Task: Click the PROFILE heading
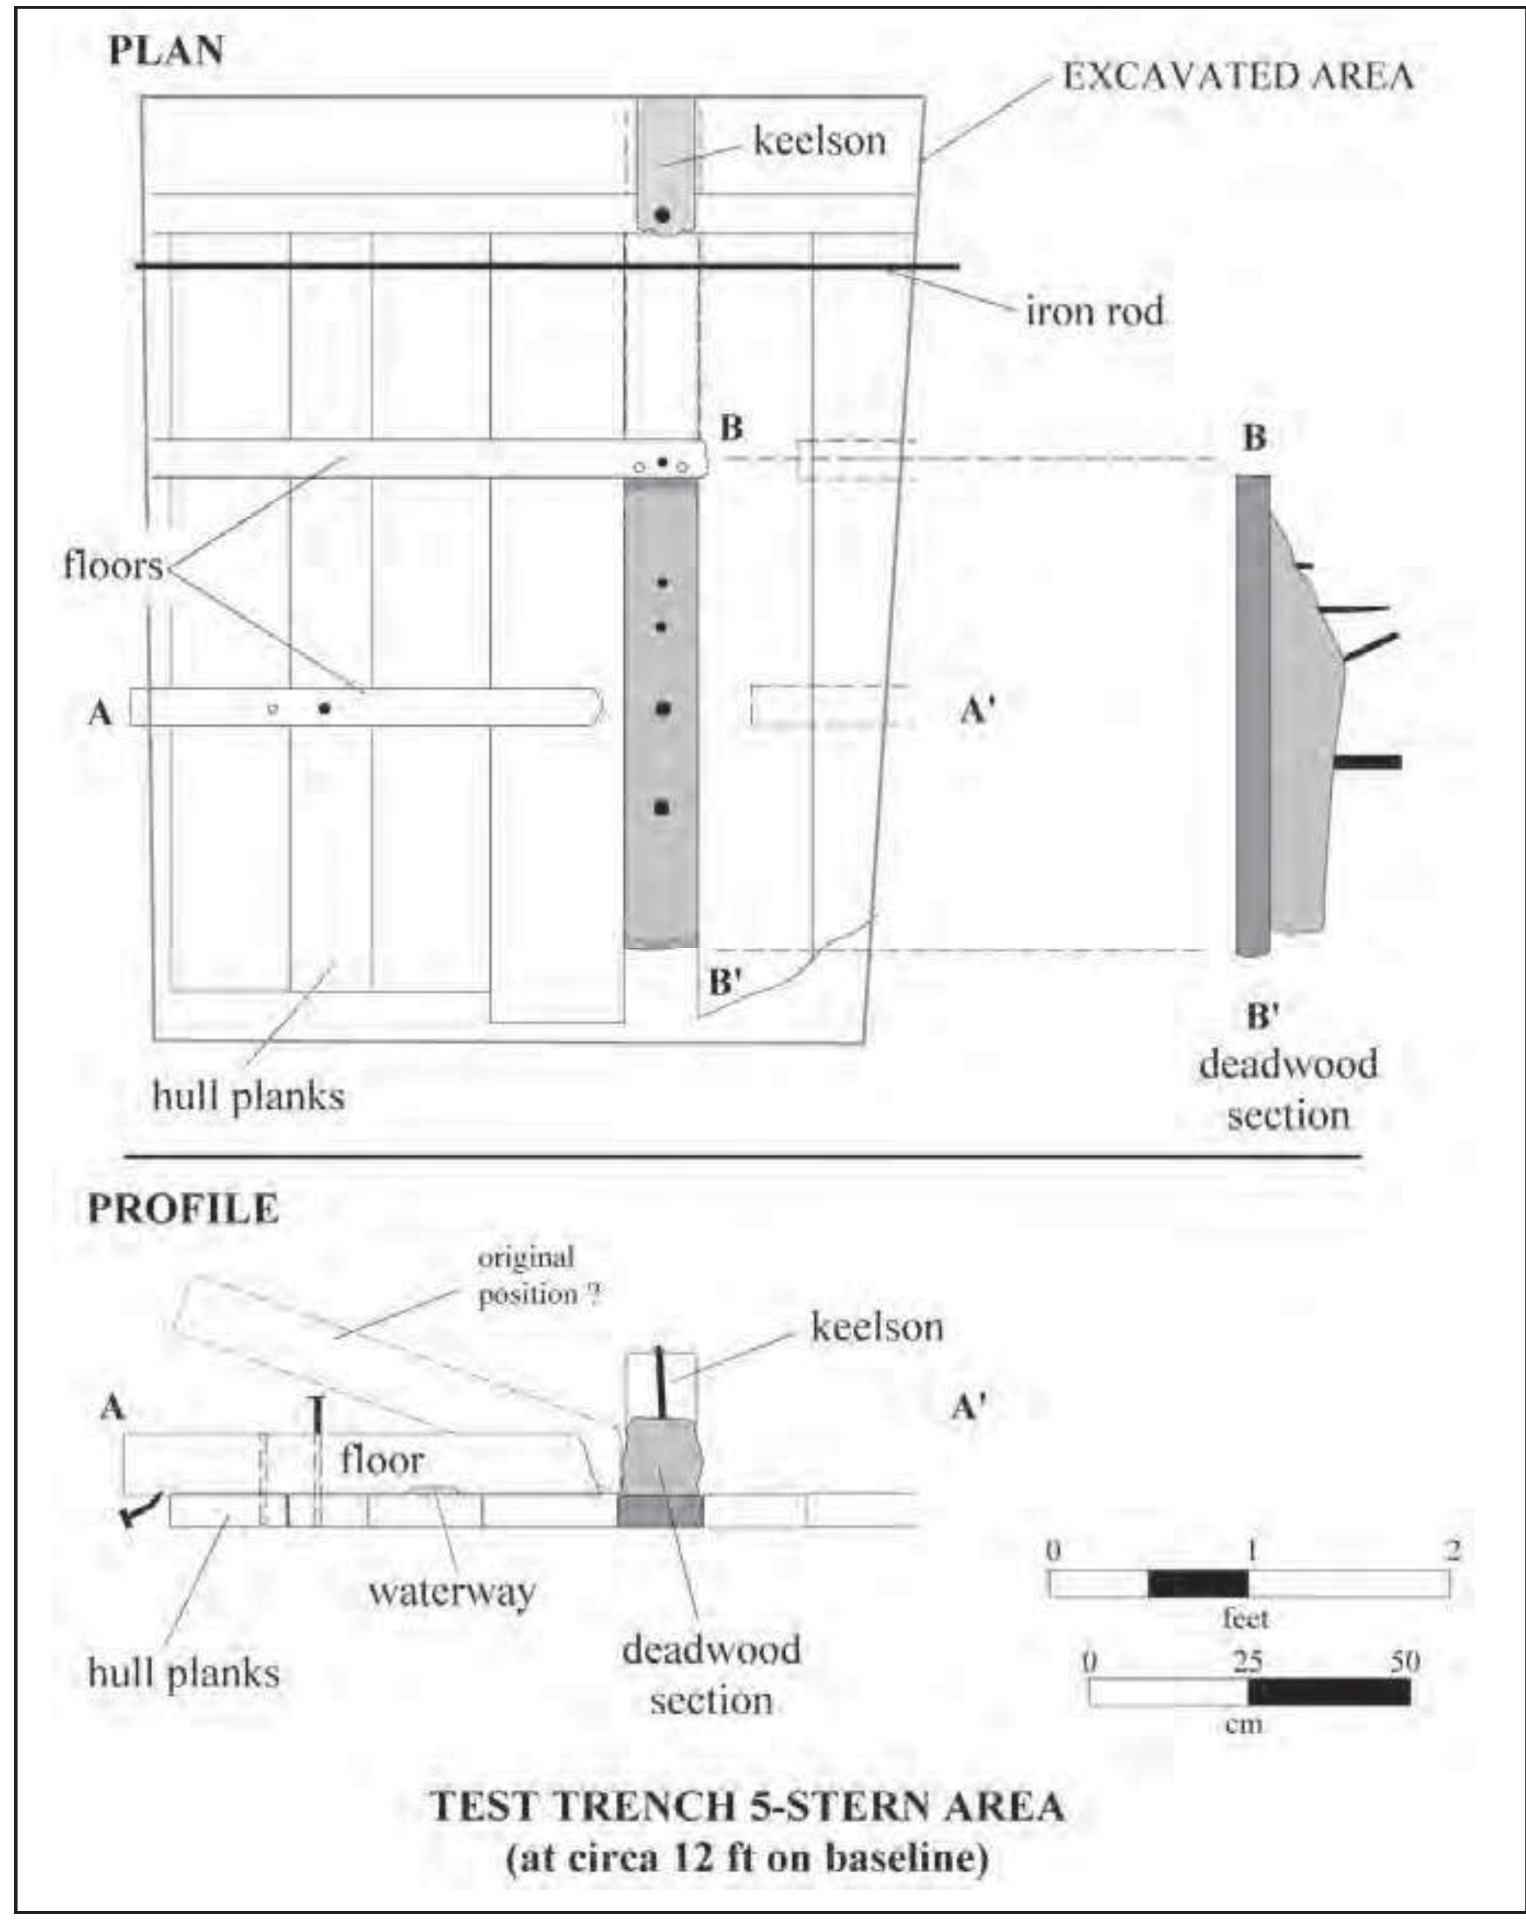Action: coord(183,1209)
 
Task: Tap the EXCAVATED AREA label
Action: coord(1238,77)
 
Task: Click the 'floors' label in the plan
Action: coord(113,565)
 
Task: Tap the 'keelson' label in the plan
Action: coord(819,140)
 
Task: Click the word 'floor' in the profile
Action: coord(381,1460)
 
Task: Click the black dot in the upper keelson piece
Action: coord(662,215)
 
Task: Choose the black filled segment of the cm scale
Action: coord(1328,1692)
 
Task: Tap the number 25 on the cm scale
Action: coord(1247,1662)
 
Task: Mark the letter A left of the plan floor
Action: coord(101,713)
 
